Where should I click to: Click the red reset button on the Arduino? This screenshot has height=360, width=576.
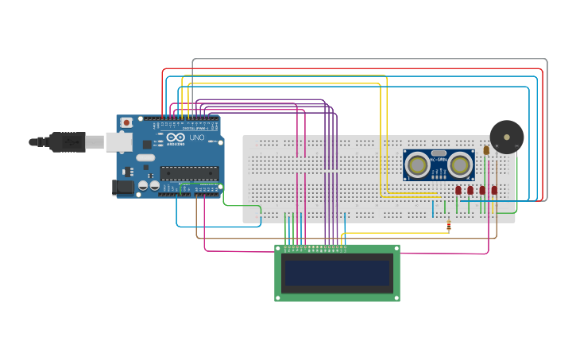(126, 123)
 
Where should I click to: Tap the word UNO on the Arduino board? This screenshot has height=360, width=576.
(195, 137)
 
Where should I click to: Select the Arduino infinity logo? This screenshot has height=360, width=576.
(175, 137)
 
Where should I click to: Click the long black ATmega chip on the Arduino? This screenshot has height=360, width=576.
(189, 172)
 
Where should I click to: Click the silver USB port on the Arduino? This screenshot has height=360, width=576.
(119, 141)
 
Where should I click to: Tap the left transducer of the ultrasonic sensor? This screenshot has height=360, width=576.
(416, 165)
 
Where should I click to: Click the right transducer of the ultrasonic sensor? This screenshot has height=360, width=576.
(460, 165)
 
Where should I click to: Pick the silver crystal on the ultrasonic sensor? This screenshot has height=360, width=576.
(439, 153)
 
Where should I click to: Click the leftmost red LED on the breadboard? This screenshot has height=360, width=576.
(458, 190)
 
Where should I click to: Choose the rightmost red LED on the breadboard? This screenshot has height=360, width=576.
(494, 190)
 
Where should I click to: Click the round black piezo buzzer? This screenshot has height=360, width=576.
(506, 137)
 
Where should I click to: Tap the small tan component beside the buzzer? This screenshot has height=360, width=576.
(486, 149)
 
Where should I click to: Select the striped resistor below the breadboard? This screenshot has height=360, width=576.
(449, 226)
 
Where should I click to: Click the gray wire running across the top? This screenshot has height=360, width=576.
(365, 60)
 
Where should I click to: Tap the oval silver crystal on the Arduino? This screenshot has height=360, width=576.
(145, 157)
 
